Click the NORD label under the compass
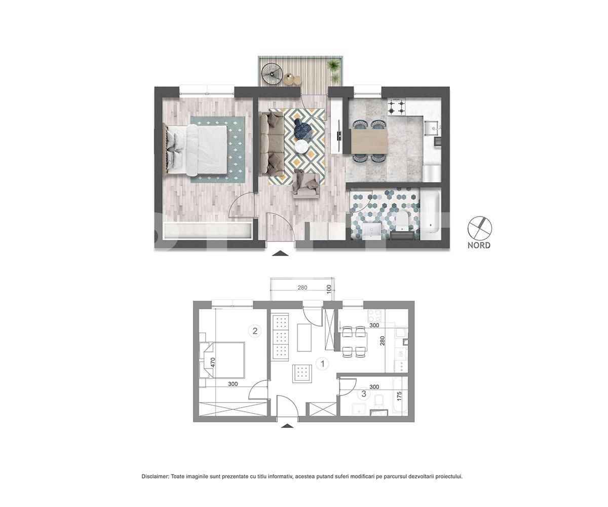[x=479, y=245]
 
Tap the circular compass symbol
[x=479, y=228]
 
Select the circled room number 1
[x=322, y=364]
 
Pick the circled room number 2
[x=255, y=331]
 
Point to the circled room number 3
[x=363, y=393]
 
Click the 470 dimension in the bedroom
[x=213, y=363]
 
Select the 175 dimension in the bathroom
[x=399, y=395]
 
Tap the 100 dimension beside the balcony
[x=329, y=289]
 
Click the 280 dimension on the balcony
[x=302, y=288]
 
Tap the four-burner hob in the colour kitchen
[x=396, y=106]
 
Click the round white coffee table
[x=302, y=146]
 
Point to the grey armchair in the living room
[x=306, y=184]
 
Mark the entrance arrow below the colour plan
[x=280, y=252]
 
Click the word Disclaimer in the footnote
[x=155, y=477]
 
